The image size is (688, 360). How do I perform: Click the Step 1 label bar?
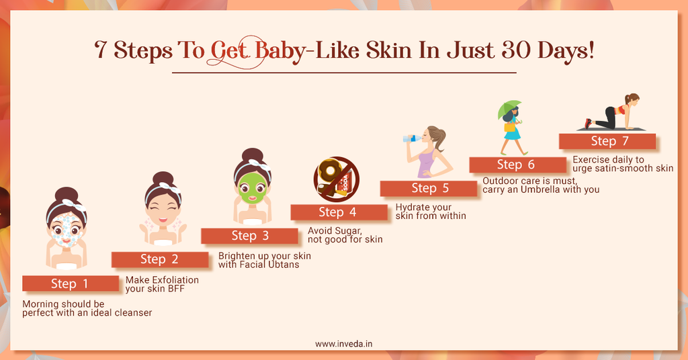click(71, 283)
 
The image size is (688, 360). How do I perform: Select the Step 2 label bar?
click(159, 259)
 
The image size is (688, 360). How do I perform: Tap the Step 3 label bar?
click(249, 236)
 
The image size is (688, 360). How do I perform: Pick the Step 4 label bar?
click(339, 212)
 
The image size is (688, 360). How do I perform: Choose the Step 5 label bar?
click(429, 188)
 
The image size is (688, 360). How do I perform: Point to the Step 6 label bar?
click(517, 165)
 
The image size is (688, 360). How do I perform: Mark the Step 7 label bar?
click(607, 141)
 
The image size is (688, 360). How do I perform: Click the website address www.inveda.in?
click(344, 343)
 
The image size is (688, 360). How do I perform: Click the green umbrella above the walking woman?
click(509, 107)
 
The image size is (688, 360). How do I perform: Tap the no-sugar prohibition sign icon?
click(336, 179)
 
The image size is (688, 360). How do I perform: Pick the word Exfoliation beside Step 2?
click(173, 279)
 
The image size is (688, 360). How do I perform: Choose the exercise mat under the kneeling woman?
click(611, 129)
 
